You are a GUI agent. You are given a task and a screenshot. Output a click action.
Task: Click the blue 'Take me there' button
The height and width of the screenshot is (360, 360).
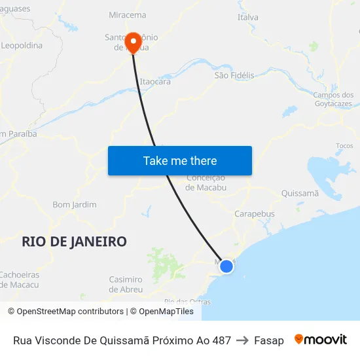pos(180,160)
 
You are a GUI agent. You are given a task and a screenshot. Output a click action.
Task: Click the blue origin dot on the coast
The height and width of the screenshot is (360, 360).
pos(226,266)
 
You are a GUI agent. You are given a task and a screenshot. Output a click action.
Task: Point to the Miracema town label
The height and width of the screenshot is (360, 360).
pos(127,14)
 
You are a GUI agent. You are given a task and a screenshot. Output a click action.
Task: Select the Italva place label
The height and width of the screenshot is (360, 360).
pos(247,17)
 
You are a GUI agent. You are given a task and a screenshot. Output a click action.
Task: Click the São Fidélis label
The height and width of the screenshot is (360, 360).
pos(234,75)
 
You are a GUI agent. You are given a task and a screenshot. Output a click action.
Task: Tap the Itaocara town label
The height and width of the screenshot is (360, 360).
pos(155,82)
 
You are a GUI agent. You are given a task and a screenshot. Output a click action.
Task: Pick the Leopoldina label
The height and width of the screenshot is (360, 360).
pos(22,46)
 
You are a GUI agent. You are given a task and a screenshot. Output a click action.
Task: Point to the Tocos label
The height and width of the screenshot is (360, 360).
pos(344,146)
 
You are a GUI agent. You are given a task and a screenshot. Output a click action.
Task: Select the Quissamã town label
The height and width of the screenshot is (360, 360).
pos(299,193)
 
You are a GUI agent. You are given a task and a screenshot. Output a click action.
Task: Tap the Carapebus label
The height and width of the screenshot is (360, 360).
pos(254,213)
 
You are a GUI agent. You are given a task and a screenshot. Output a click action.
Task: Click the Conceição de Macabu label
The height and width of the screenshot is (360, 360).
pos(206,183)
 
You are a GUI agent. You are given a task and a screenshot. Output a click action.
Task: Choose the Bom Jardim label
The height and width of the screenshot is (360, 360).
pos(74,204)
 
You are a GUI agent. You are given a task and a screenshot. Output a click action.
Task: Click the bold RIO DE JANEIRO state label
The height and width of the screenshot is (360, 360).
pos(74,242)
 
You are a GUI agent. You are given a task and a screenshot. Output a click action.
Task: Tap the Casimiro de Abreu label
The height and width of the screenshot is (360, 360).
pos(125,284)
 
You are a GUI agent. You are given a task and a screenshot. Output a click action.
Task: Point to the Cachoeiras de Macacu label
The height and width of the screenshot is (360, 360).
pos(19,279)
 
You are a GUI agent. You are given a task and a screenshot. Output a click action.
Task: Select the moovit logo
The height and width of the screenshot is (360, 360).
pos(320,340)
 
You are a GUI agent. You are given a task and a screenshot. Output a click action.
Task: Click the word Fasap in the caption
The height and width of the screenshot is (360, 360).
pos(269,340)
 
